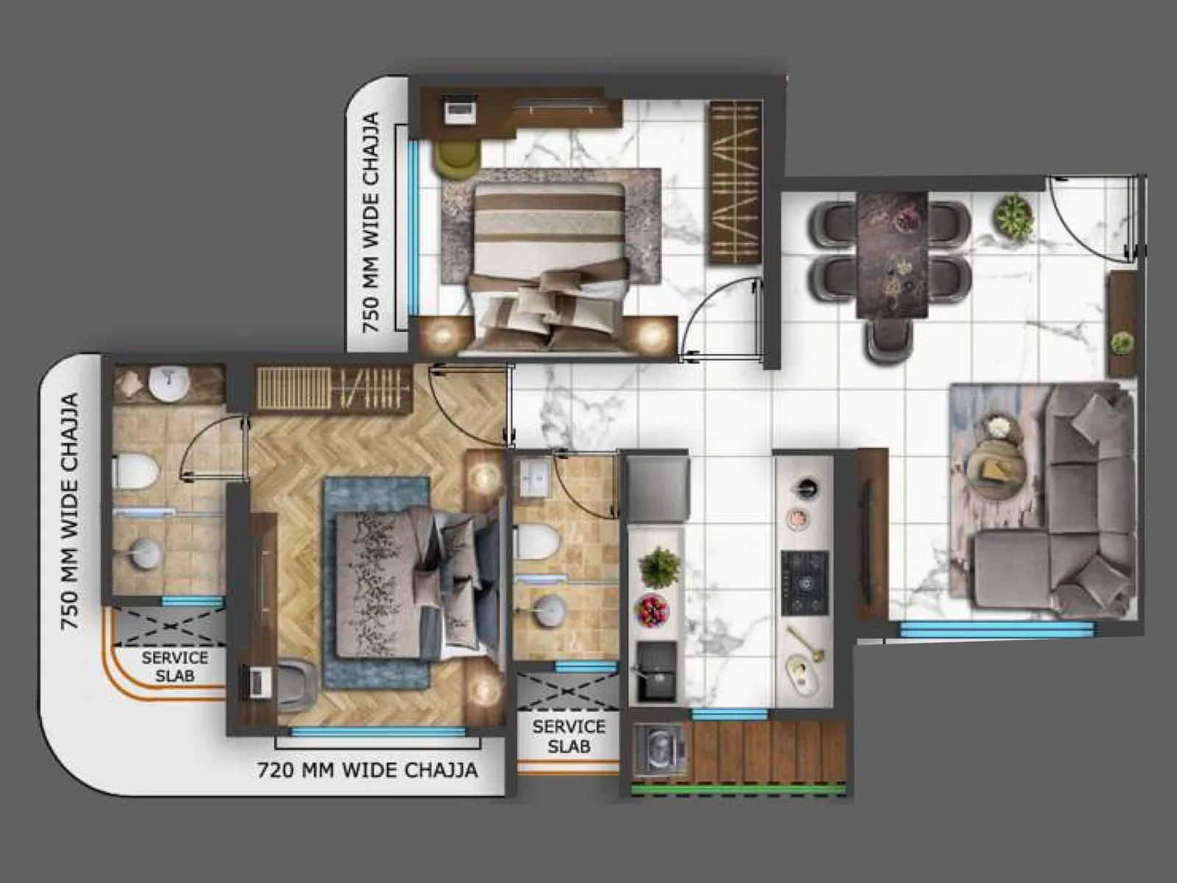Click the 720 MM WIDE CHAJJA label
(367, 770)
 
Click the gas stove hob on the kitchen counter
(805, 583)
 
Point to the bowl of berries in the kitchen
(652, 610)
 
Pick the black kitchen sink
(656, 671)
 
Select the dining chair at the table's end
(890, 339)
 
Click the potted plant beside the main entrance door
(1014, 215)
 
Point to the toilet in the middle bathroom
(536, 542)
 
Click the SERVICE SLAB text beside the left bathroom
(174, 667)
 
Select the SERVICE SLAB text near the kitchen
(569, 736)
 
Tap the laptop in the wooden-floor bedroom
(258, 682)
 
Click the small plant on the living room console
(1121, 343)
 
